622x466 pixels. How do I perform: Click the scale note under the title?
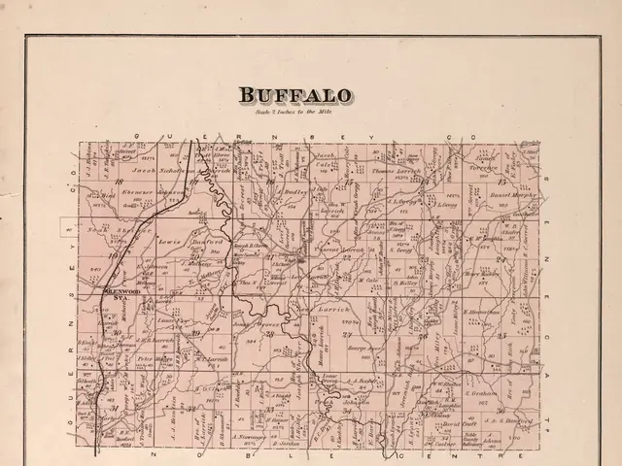tap(300, 114)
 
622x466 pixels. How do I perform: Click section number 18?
tap(119, 182)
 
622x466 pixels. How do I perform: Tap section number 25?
tap(502, 335)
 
